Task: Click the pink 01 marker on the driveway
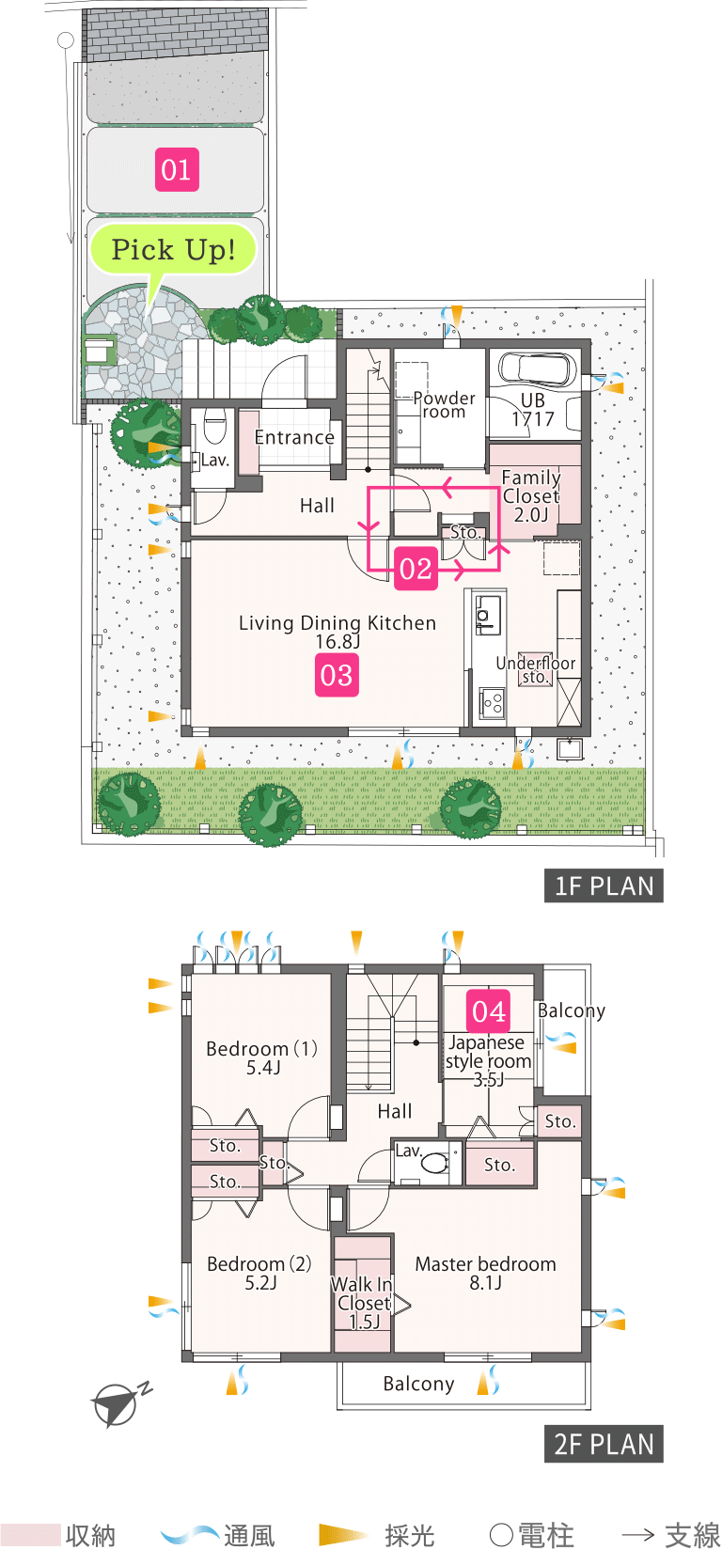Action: [x=177, y=169]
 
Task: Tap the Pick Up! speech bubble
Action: [x=173, y=250]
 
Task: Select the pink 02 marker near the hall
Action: [x=416, y=569]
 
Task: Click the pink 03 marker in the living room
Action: [x=337, y=675]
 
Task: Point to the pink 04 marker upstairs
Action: [x=489, y=1011]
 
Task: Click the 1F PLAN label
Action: [x=604, y=886]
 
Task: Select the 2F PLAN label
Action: [x=604, y=1444]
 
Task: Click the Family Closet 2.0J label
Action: [x=531, y=495]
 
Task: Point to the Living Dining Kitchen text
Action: [x=337, y=623]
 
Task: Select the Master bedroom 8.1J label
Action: [x=485, y=1273]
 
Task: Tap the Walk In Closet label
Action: [x=363, y=1302]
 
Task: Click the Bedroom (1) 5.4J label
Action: [x=261, y=1057]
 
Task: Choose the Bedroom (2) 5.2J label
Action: [x=259, y=1273]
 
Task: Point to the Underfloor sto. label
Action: [x=535, y=669]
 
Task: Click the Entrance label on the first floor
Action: [x=294, y=438]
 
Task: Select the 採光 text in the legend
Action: [x=409, y=1535]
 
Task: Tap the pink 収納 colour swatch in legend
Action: [x=31, y=1535]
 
